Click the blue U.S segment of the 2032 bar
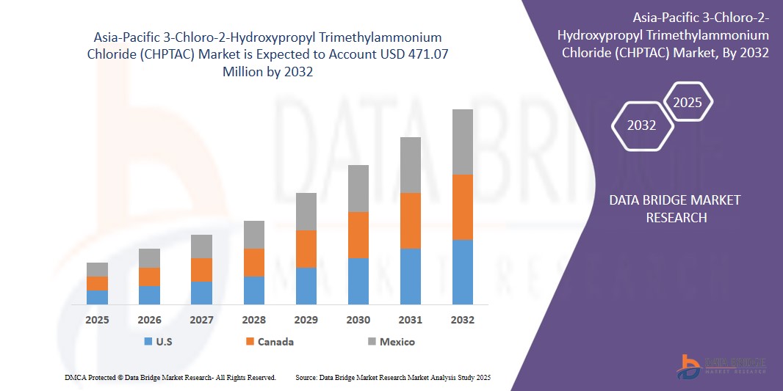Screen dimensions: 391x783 463,271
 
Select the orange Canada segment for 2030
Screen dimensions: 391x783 358,235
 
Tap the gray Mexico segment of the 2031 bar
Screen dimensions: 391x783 411,165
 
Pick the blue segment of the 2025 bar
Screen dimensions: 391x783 97,297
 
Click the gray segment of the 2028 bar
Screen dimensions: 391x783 254,235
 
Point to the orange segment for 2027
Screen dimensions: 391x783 202,270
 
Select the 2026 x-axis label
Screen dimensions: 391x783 149,320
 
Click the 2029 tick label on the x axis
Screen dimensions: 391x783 306,320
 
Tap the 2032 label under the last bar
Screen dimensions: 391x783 463,320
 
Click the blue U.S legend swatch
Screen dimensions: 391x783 148,342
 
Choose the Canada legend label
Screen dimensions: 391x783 275,342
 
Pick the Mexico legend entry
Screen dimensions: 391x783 397,342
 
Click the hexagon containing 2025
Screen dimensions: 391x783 688,102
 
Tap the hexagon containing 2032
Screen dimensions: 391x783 642,125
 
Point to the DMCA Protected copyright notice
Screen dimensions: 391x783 170,377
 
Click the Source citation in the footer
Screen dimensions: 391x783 392,377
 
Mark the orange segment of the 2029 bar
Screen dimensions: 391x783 306,249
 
